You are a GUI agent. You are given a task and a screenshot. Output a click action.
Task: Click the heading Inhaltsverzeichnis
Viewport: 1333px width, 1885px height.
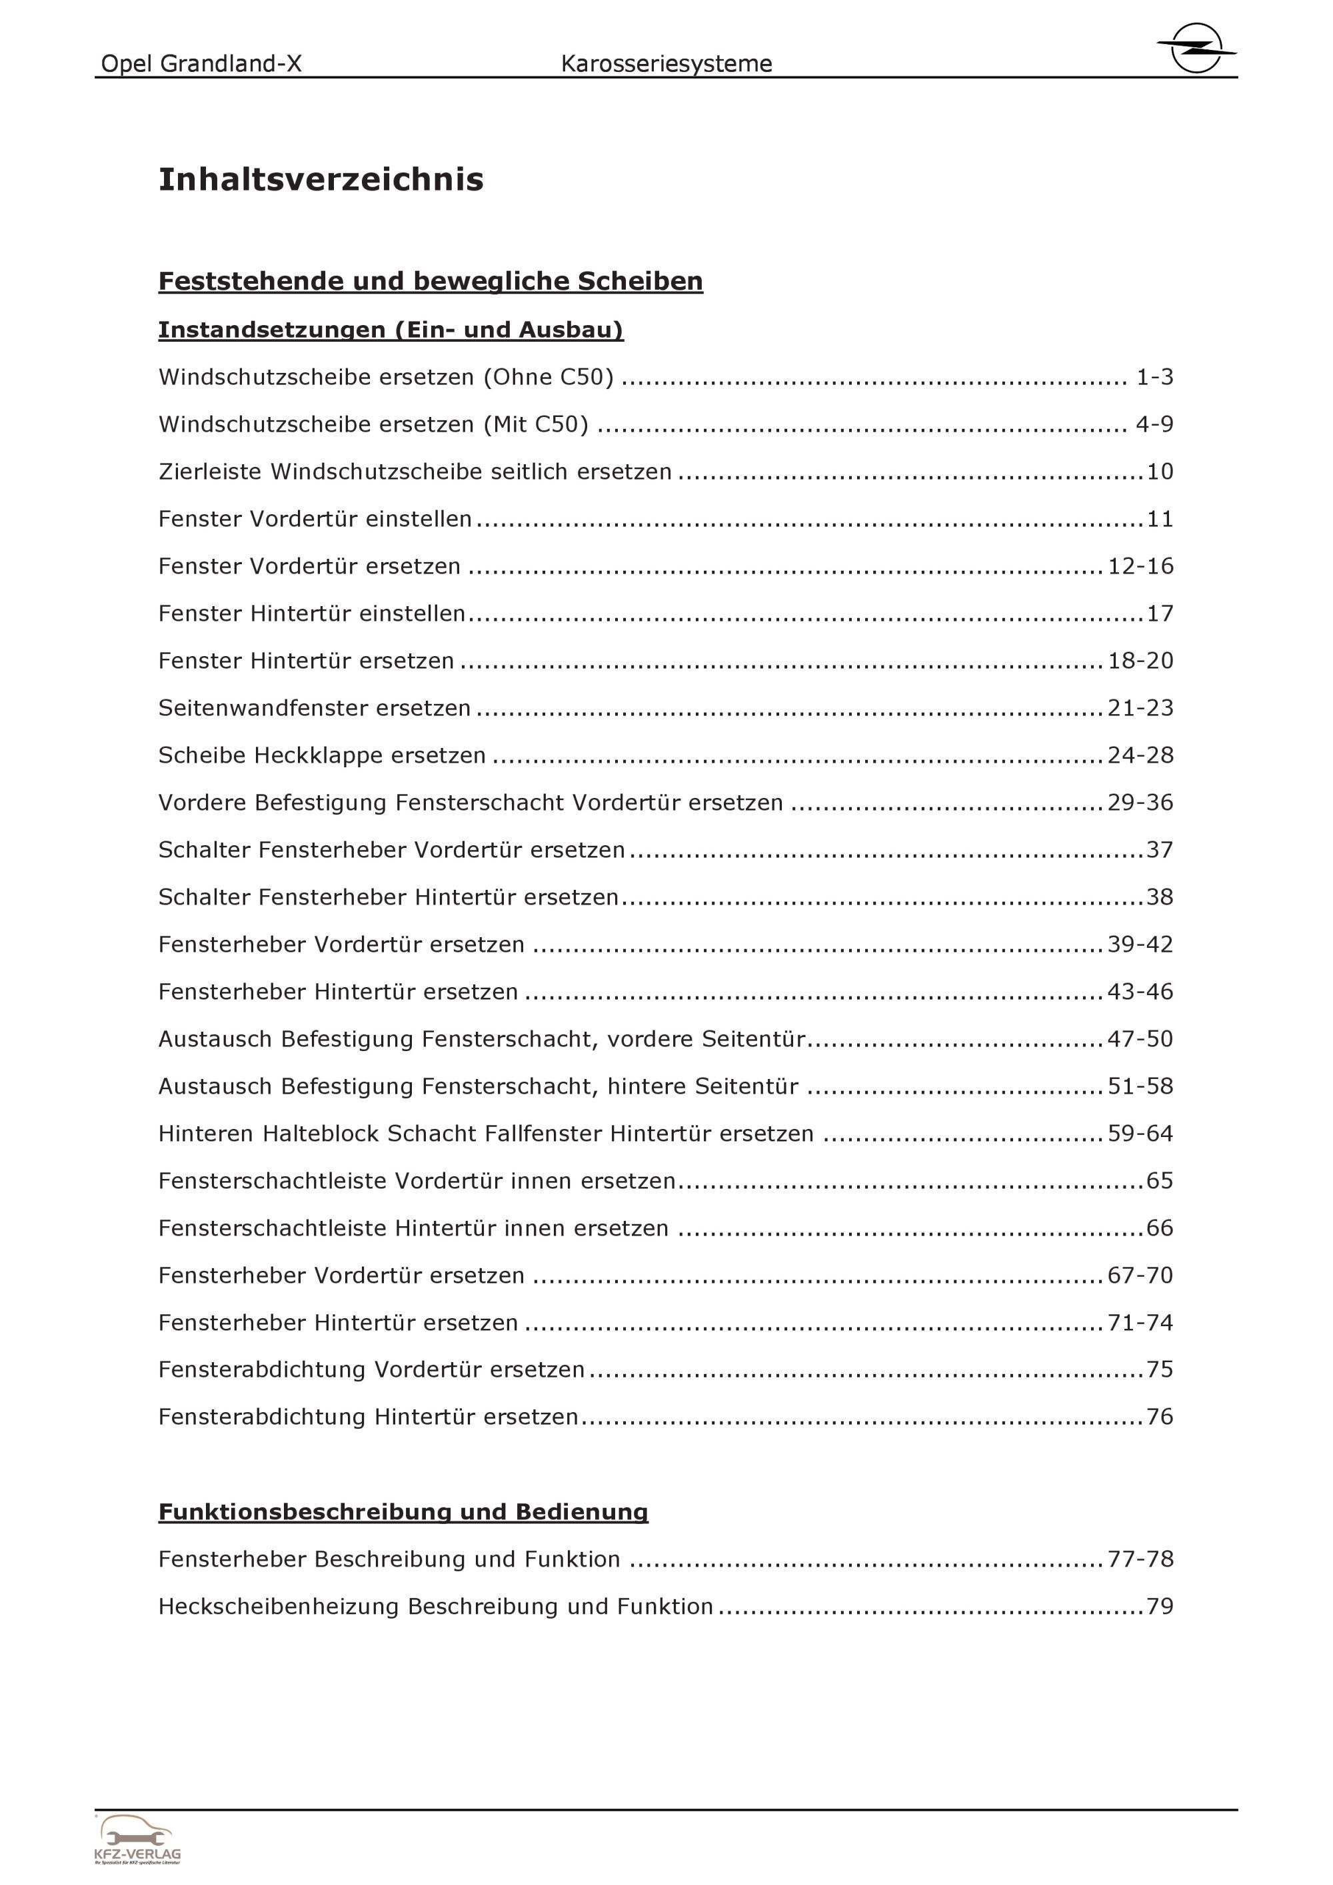point(321,179)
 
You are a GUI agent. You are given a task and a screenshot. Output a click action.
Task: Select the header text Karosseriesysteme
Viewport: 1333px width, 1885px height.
point(666,64)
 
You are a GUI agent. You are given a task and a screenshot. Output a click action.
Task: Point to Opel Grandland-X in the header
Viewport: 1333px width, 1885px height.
point(201,64)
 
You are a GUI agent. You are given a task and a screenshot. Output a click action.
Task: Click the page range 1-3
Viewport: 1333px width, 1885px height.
point(1154,377)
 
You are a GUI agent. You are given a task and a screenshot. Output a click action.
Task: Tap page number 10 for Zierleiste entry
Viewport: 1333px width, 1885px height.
point(1160,472)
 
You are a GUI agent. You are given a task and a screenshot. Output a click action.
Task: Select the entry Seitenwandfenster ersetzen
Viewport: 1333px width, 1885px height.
point(315,707)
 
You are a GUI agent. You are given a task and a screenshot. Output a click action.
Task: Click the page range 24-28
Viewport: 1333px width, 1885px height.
point(1140,755)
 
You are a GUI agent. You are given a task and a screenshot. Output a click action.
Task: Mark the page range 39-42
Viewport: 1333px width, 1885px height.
point(1140,944)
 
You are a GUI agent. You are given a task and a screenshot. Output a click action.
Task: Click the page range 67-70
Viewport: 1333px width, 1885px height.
point(1140,1275)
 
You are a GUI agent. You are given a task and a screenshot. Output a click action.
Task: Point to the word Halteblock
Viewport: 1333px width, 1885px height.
point(321,1134)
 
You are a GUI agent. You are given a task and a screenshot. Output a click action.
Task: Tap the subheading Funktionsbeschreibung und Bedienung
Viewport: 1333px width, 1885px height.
point(403,1511)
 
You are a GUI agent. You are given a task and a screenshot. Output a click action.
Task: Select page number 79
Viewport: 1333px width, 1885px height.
point(1160,1607)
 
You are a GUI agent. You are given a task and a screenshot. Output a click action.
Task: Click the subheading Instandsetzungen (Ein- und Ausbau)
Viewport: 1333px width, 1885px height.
point(391,330)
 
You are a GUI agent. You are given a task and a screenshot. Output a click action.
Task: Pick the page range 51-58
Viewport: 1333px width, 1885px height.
point(1140,1086)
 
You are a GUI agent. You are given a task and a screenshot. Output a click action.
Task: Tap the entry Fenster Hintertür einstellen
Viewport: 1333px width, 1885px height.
point(312,613)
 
